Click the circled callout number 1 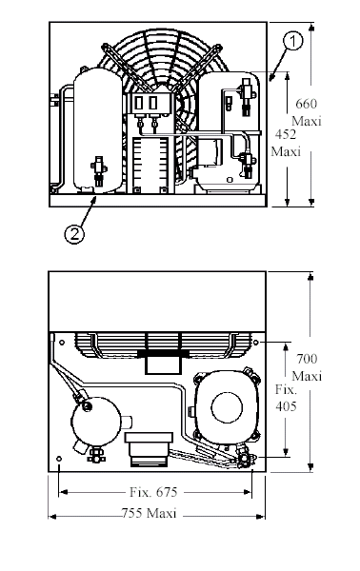coord(292,41)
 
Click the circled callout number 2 coord(74,234)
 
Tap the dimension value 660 coord(306,104)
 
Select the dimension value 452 coord(286,134)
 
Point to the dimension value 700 coord(307,359)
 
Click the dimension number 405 coord(286,406)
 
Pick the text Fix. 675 coord(153,492)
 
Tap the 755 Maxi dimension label coord(149,513)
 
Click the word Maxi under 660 coord(307,121)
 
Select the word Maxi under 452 coord(286,151)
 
